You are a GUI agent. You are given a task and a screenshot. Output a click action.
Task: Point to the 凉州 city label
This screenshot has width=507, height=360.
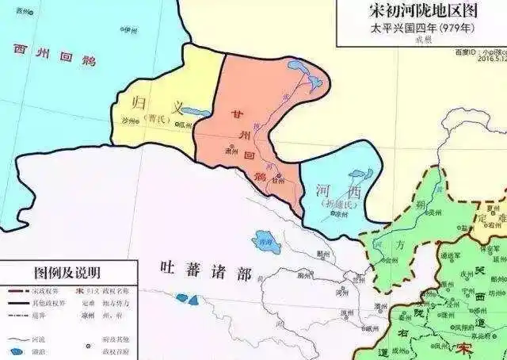tap(338, 214)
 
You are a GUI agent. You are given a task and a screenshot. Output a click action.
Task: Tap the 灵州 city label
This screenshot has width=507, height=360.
tap(387, 259)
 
